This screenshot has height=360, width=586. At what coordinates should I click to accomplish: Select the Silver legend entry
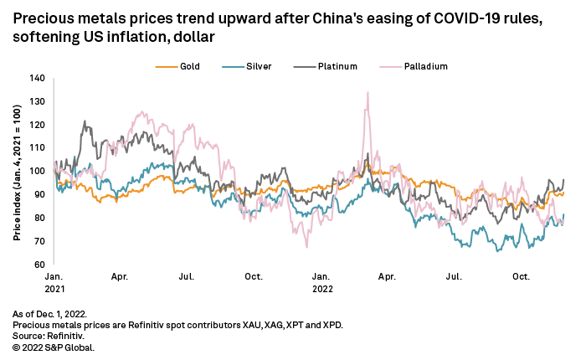pos(254,64)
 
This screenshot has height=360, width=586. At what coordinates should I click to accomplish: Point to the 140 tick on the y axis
pos(36,78)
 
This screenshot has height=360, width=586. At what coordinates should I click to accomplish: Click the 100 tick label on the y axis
pos(36,171)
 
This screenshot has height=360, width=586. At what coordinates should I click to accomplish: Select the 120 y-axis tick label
pos(36,125)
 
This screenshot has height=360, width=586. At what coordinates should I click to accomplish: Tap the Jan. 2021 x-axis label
pos(53,282)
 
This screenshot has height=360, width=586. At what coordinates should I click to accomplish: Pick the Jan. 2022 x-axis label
pos(321,282)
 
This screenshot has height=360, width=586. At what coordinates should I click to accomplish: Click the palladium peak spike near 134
pos(367,93)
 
